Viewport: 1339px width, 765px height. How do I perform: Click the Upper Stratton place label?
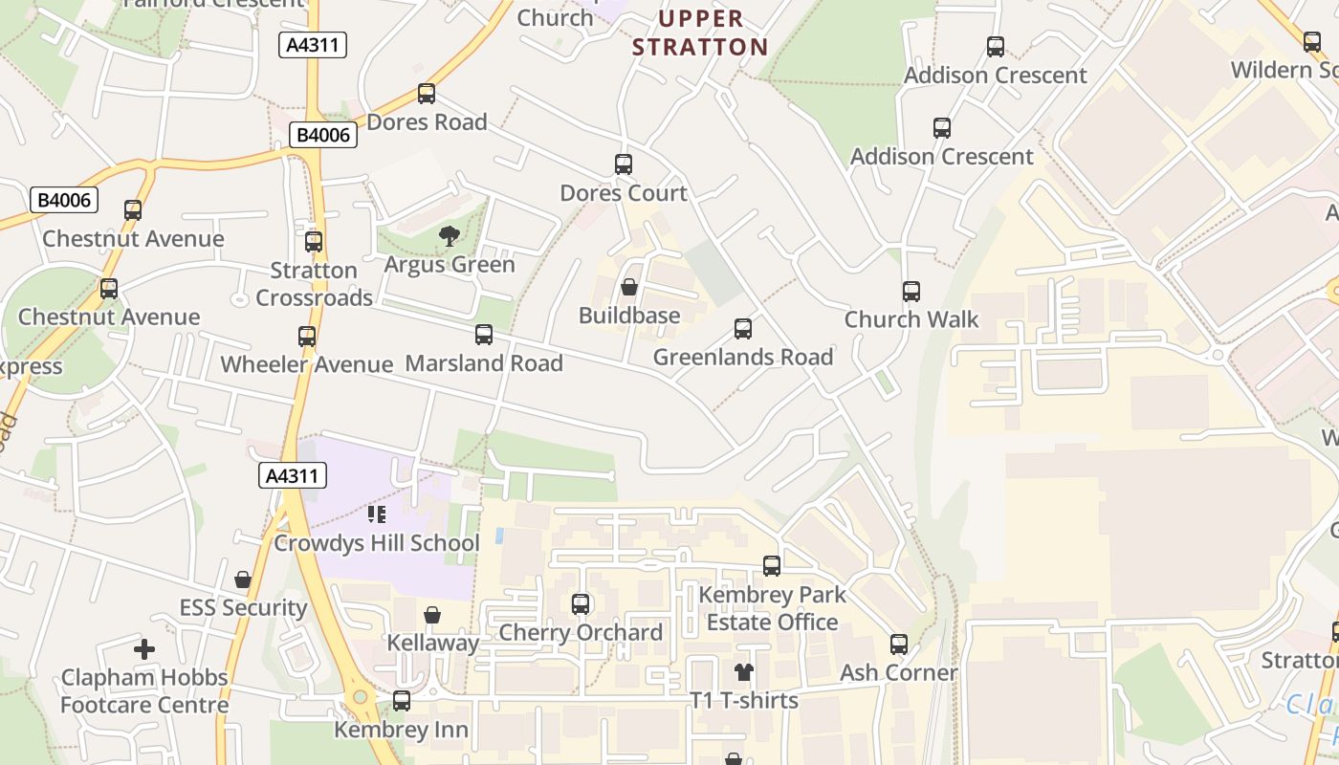(700, 33)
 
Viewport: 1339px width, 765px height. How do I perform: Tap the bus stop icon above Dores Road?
(427, 94)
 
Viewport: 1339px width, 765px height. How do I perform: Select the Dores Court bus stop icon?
(624, 164)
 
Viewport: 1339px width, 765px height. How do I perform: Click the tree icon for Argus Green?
(449, 236)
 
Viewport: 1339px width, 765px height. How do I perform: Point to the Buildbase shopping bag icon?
(629, 287)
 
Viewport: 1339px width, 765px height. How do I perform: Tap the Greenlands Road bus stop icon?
(743, 329)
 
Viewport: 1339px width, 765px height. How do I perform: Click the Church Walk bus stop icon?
(911, 292)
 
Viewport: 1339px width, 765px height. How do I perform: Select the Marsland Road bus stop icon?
(484, 335)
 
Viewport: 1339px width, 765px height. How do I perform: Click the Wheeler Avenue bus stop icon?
(307, 337)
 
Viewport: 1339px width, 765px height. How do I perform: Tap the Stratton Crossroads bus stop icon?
(314, 242)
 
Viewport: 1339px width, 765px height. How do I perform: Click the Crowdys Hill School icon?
(377, 515)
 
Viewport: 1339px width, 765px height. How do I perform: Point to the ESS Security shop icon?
(243, 579)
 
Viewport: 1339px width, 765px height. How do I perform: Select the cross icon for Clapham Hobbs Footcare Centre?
(144, 650)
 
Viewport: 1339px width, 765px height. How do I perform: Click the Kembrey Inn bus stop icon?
(402, 701)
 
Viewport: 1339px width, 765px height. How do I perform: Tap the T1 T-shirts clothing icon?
(744, 672)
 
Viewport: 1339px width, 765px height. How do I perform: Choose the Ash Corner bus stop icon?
(899, 645)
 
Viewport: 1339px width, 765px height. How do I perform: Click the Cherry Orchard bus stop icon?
(581, 604)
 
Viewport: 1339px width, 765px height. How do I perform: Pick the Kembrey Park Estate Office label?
(772, 608)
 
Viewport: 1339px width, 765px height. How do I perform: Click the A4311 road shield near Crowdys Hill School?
(293, 475)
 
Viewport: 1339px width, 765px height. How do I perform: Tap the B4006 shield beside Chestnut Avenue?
(65, 200)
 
